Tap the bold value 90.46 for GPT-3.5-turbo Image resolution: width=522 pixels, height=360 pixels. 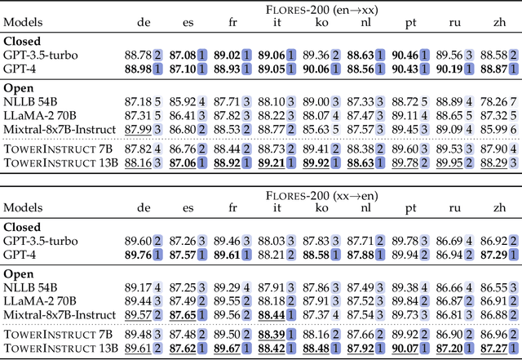coord(405,54)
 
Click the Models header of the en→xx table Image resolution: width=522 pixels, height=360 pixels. coord(24,24)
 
